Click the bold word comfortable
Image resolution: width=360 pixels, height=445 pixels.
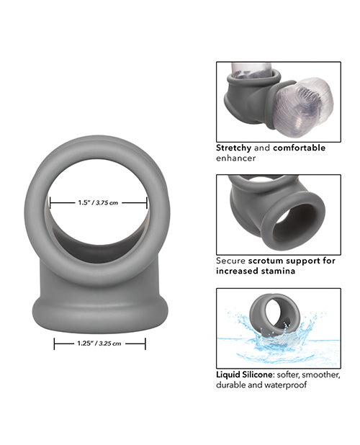point(299,148)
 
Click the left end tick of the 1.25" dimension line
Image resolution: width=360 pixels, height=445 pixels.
point(55,344)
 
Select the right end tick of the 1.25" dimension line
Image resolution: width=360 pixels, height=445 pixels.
point(145,344)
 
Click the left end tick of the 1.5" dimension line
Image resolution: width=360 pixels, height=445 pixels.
point(50,204)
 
